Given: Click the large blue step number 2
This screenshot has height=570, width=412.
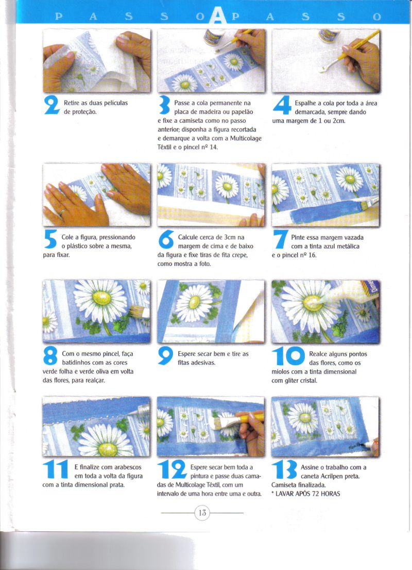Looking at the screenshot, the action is [x=52, y=105].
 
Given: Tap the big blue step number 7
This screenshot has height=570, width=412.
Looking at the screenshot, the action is [x=281, y=240].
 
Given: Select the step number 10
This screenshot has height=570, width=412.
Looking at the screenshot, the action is [x=288, y=356].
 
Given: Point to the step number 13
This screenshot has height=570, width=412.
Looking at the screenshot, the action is [x=284, y=469].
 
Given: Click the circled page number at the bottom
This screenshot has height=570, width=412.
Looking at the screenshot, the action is [x=202, y=513].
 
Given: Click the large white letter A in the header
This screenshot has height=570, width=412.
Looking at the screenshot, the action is [x=217, y=15].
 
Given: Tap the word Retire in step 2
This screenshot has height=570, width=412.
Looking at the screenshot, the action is [x=72, y=103].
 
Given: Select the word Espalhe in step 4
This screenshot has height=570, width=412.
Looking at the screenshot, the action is [x=306, y=103].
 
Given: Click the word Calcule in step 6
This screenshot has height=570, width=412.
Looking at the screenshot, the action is [x=188, y=237].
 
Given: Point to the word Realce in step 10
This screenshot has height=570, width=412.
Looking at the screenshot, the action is [x=318, y=354].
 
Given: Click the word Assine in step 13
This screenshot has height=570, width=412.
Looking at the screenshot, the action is [x=310, y=467].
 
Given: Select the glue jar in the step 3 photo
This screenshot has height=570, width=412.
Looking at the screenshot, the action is [x=213, y=37].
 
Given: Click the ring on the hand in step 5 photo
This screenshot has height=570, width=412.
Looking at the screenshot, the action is [x=62, y=211].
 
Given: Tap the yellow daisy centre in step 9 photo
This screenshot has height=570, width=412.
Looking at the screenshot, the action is [x=195, y=301].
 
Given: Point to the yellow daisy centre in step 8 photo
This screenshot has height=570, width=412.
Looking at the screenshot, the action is [x=101, y=298].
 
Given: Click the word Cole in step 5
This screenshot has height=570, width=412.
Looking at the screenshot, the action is [x=67, y=237].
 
